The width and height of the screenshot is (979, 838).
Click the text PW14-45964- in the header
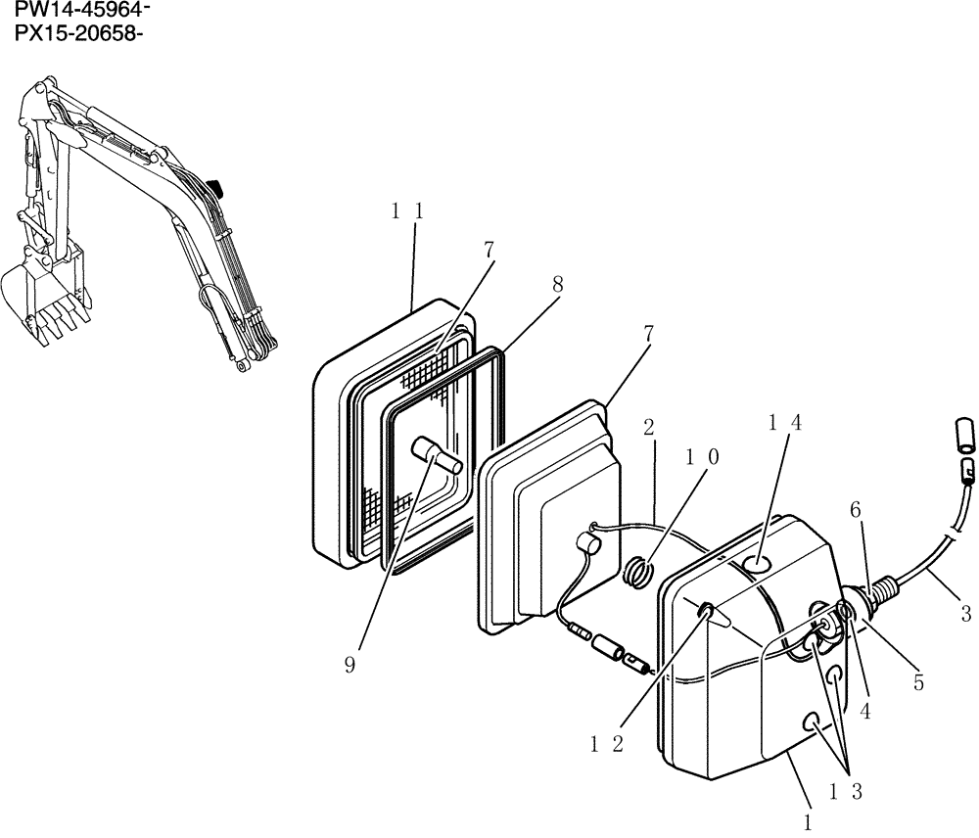81,12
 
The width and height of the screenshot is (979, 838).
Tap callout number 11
407,209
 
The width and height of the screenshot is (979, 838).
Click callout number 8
556,284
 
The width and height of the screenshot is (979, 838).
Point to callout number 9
350,665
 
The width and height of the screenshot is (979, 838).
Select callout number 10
701,457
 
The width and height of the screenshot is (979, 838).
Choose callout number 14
785,422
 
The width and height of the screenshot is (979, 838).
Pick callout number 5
917,683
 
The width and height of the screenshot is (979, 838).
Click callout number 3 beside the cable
965,615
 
